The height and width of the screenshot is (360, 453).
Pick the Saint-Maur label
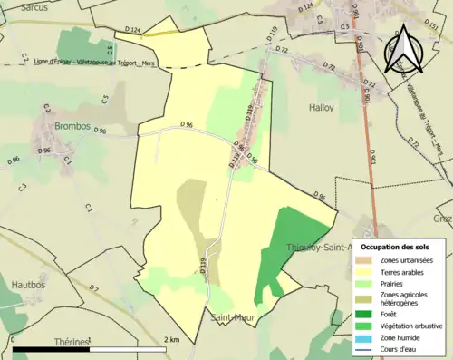coord(231,317)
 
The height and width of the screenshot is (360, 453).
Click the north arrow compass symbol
coord(404,50)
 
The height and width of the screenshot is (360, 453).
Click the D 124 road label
coord(128,32)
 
